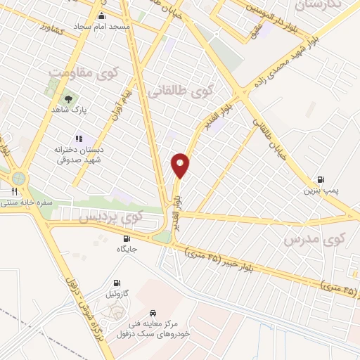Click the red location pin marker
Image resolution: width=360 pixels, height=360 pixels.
pyautogui.click(x=181, y=165)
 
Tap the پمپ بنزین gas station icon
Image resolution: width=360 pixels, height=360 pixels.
pyautogui.click(x=321, y=179)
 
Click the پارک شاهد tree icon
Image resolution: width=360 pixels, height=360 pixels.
pyautogui.click(x=68, y=99)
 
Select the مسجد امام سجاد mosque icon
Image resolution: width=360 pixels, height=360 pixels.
pyautogui.click(x=102, y=15)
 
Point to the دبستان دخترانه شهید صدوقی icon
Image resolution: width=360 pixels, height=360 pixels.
pyautogui.click(x=79, y=139)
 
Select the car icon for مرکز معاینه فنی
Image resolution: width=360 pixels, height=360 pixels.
pyautogui.click(x=152, y=313)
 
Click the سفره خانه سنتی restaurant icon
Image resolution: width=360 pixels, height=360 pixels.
pyautogui.click(x=14, y=191)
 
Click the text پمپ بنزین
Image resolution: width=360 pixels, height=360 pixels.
pyautogui.click(x=316, y=191)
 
